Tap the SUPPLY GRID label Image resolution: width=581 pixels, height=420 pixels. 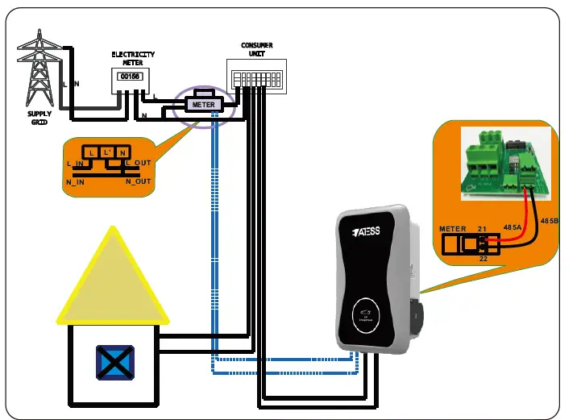[39, 119]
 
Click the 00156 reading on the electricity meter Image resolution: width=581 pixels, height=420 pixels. [129, 77]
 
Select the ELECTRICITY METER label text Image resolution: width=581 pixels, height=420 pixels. [133, 58]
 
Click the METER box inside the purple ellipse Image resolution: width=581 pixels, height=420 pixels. [203, 104]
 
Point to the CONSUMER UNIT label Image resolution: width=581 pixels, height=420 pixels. [257, 49]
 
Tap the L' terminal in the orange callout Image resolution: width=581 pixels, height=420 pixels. [107, 152]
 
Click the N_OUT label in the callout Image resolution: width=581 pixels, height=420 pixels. [138, 181]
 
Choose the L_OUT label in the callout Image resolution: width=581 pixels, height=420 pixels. [139, 163]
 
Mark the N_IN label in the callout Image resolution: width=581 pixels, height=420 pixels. [76, 182]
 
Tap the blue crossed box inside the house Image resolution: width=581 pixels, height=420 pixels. [115, 363]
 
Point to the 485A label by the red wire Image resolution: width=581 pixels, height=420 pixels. [513, 228]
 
